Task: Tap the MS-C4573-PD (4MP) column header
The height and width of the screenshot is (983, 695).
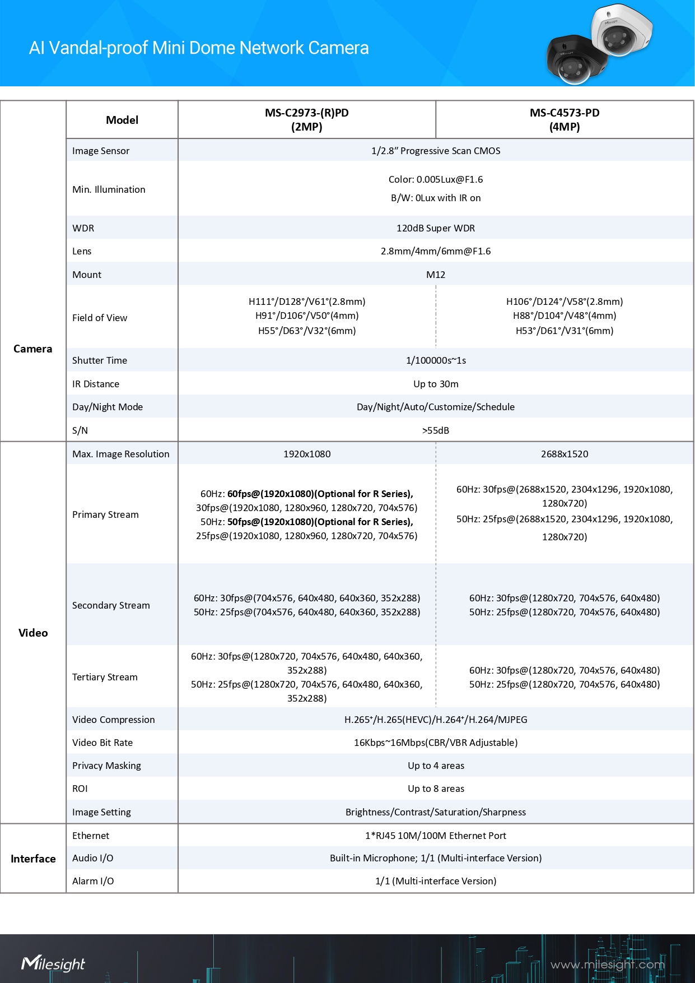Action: click(565, 120)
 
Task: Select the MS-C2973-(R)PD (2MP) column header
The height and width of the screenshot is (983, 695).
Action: click(307, 120)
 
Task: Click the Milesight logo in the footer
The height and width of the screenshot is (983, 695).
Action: click(53, 963)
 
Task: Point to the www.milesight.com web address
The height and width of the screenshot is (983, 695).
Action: click(607, 965)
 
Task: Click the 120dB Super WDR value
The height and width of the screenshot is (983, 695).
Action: click(436, 228)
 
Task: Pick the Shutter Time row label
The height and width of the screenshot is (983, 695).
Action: click(100, 360)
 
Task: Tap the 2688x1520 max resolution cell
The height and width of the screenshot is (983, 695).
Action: click(565, 454)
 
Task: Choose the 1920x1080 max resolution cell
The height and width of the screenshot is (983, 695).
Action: click(307, 454)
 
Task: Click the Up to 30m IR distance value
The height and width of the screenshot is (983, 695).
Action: click(436, 384)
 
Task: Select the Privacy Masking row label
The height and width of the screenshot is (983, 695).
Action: click(106, 766)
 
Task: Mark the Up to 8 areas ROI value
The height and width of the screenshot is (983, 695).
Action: click(436, 789)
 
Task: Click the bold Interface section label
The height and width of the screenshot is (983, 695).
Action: click(33, 859)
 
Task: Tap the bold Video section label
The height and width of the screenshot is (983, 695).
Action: click(33, 633)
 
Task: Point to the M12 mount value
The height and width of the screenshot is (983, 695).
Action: click(436, 275)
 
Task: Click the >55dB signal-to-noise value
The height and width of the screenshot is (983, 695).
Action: click(436, 430)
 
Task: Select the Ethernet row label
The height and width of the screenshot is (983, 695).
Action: click(91, 836)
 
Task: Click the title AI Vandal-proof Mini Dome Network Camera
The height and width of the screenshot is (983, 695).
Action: click(199, 48)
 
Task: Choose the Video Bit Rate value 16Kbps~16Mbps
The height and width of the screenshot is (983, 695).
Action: click(436, 743)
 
